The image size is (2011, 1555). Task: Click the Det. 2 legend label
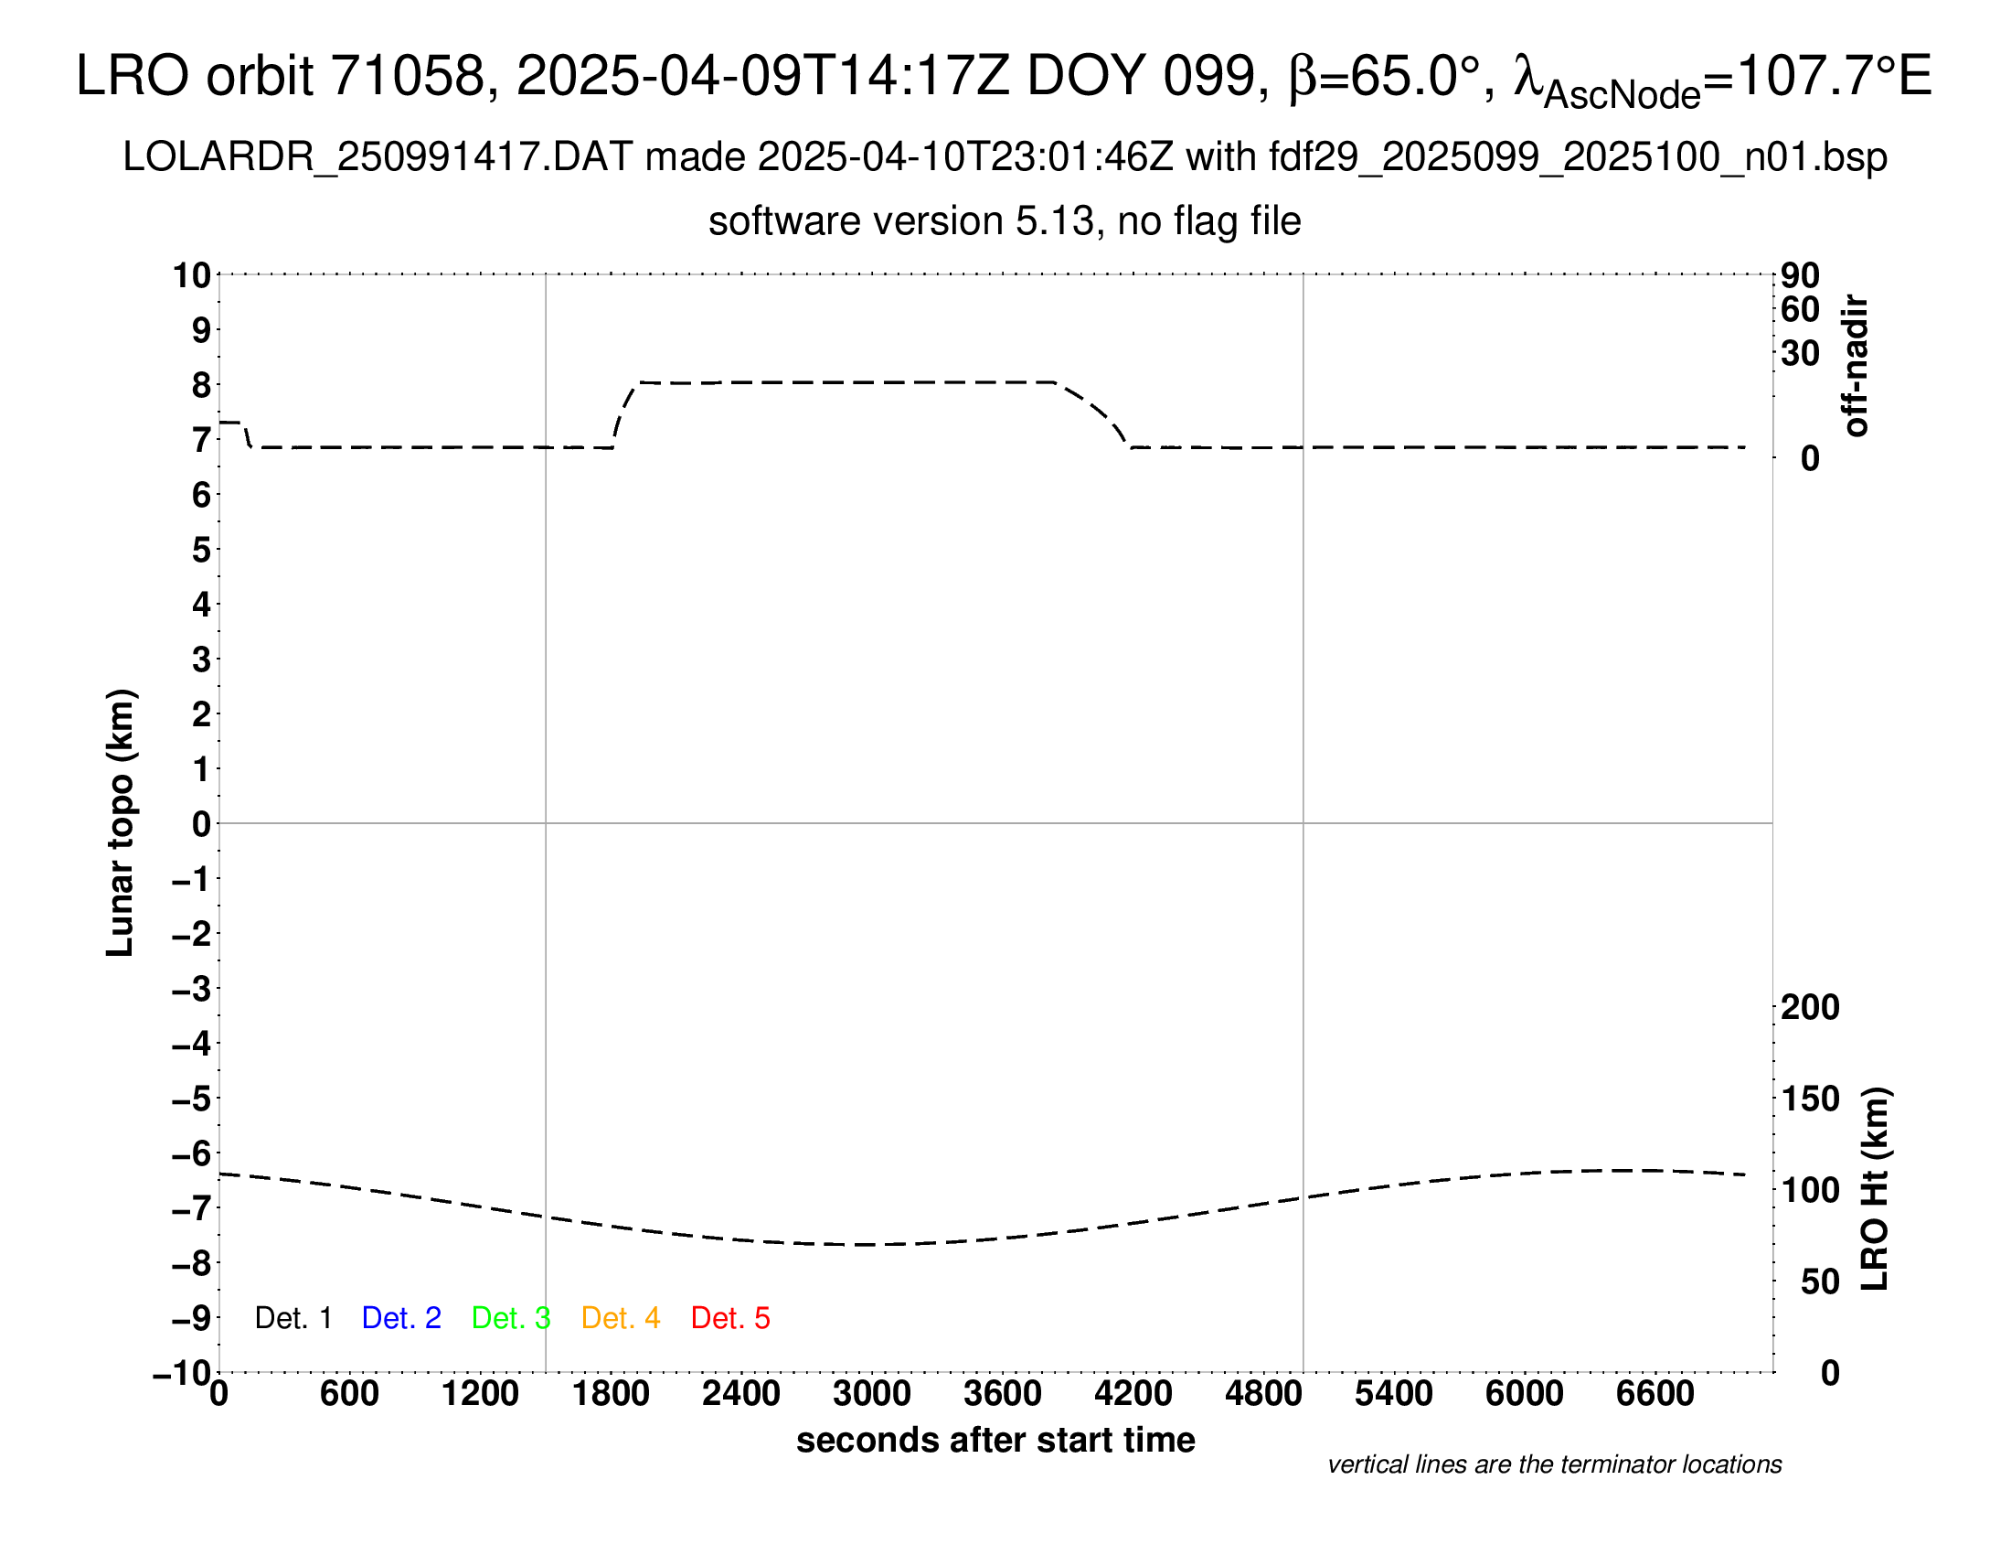[x=401, y=1318]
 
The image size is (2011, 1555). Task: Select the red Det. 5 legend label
[x=730, y=1318]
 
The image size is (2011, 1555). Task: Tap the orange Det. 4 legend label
[x=621, y=1318]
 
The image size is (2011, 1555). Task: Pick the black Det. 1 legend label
[x=293, y=1318]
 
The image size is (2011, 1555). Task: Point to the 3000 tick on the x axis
[x=871, y=1394]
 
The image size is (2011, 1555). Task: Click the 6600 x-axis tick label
[x=1655, y=1394]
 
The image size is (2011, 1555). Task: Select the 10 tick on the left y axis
[x=193, y=275]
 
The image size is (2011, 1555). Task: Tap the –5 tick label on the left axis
[x=193, y=1099]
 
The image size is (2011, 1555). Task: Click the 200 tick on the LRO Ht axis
[x=1809, y=1008]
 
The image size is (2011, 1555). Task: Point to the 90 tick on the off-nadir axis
[x=1800, y=275]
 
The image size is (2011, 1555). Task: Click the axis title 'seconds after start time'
[x=995, y=1440]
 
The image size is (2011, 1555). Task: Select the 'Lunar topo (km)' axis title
[x=121, y=822]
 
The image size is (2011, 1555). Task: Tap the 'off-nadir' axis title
[x=1856, y=366]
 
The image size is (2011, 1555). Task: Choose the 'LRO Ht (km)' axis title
[x=1875, y=1189]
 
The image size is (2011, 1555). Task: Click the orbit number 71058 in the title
[x=407, y=76]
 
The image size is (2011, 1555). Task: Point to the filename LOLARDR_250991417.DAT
[x=378, y=157]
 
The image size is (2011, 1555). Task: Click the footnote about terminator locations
[x=1554, y=1464]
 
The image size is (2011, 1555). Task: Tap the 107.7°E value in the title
[x=1833, y=76]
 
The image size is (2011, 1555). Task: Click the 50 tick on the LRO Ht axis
[x=1819, y=1282]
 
